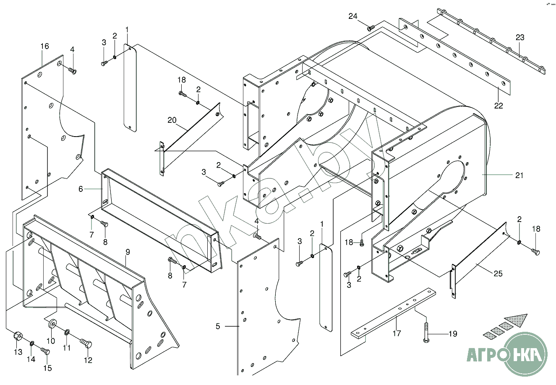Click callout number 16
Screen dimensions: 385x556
tap(44, 46)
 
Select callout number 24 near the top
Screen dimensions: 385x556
tap(352, 16)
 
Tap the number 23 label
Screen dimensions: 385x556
tap(520, 38)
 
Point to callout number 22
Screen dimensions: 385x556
tap(498, 106)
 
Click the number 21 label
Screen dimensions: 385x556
tap(519, 176)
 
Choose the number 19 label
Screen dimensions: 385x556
tap(452, 334)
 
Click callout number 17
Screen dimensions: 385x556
tap(397, 333)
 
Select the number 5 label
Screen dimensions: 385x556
tap(218, 326)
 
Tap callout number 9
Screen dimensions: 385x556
tap(128, 252)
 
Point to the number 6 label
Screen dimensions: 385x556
tap(81, 189)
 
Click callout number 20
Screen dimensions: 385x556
tap(172, 120)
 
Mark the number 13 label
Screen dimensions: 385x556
tap(18, 352)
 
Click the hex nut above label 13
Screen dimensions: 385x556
tap(18, 336)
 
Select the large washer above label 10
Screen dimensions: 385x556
tap(53, 324)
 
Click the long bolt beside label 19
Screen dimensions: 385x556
tap(426, 329)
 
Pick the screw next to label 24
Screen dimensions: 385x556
tap(371, 28)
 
